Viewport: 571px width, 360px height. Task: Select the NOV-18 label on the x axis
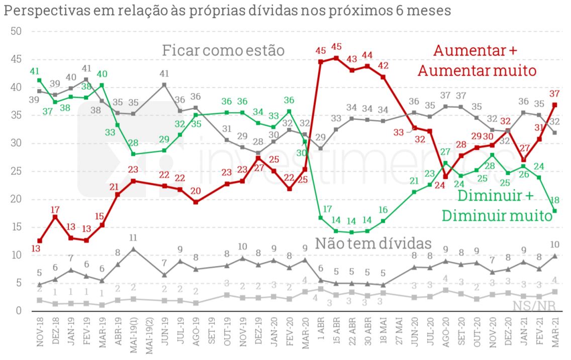pyautogui.click(x=40, y=334)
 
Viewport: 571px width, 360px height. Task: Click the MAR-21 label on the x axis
pyautogui.click(x=554, y=334)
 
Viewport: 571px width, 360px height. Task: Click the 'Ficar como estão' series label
pyautogui.click(x=223, y=51)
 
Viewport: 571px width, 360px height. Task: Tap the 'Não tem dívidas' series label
pyautogui.click(x=373, y=243)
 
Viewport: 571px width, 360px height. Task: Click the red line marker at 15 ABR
pyautogui.click(x=336, y=58)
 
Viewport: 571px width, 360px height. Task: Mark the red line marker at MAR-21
pyautogui.click(x=554, y=105)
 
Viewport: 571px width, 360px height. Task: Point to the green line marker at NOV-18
pyautogui.click(x=40, y=80)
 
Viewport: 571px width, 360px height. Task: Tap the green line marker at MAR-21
pyautogui.click(x=554, y=211)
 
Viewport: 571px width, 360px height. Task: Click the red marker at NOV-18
pyautogui.click(x=40, y=241)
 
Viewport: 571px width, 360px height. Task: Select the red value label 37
pyautogui.click(x=554, y=94)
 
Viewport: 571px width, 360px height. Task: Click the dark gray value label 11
pyautogui.click(x=133, y=238)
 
